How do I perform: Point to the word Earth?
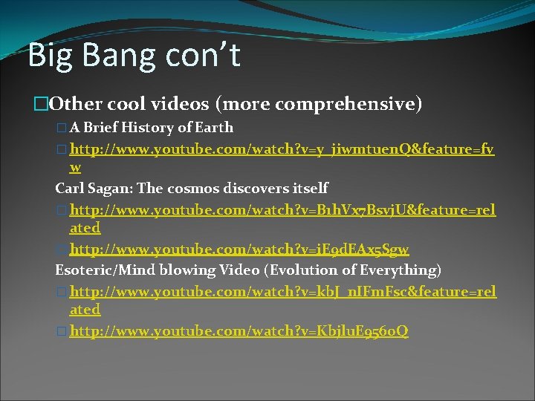(213, 128)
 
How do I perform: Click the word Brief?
(103, 128)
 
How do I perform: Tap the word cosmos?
(191, 189)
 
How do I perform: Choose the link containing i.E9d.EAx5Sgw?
(239, 250)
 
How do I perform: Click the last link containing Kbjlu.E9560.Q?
(239, 330)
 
